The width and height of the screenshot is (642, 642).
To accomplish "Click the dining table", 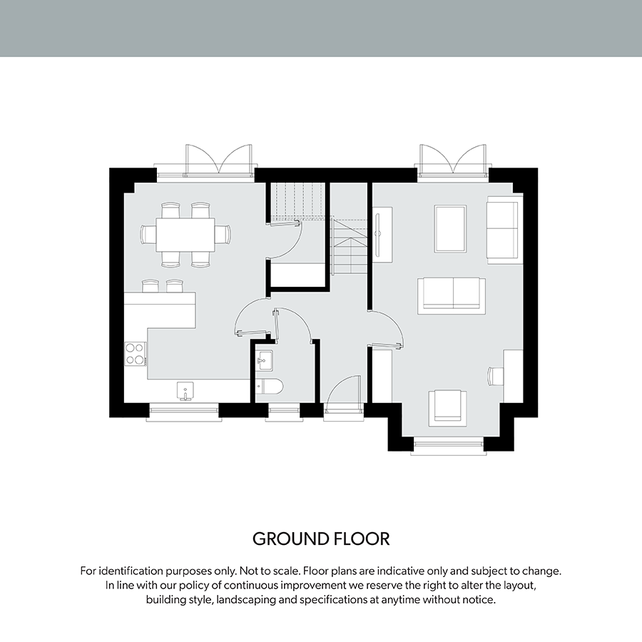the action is click(x=185, y=235).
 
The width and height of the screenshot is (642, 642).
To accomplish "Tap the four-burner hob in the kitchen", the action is click(x=135, y=354).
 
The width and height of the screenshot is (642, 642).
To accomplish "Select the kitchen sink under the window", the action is click(x=185, y=391).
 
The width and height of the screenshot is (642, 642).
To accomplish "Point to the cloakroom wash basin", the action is click(x=263, y=360).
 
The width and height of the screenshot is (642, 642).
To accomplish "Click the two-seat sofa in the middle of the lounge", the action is click(x=452, y=296).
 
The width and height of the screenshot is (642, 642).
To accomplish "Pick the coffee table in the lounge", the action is click(x=450, y=229).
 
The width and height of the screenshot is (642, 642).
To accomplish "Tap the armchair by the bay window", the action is click(x=447, y=408).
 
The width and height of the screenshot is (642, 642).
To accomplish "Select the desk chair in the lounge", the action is click(x=496, y=376).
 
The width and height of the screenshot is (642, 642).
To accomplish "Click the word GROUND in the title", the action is click(x=291, y=539).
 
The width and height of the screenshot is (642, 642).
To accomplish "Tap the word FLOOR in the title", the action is click(x=362, y=539).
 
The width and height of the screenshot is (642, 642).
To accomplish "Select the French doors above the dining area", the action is click(x=219, y=161).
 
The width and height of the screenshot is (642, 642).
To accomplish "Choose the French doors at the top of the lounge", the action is click(x=453, y=161).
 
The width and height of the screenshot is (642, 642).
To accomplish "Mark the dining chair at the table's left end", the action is click(x=148, y=235).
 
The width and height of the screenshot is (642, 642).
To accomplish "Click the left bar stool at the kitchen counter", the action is click(x=151, y=286).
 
